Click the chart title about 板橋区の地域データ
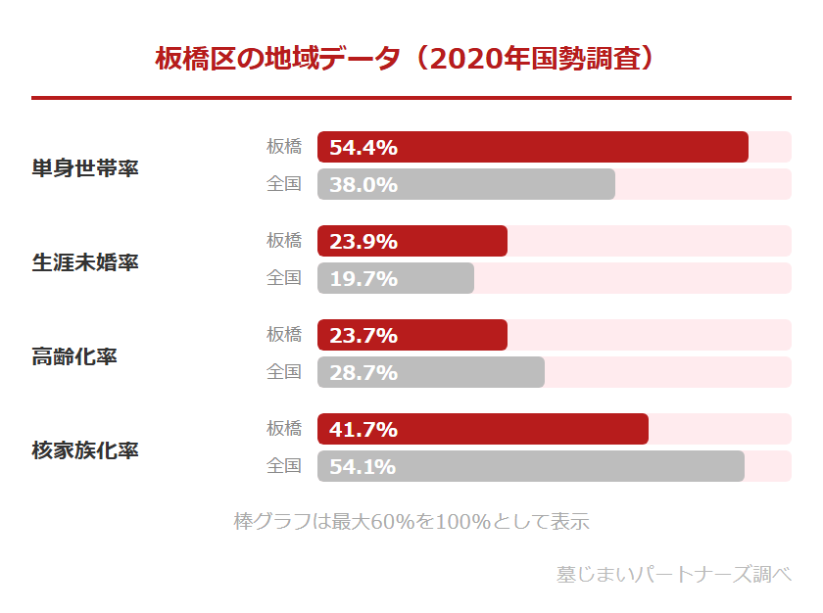406,58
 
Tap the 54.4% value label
363,148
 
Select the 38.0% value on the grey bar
363,185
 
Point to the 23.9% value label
363,242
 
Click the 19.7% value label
363,279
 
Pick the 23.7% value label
363,336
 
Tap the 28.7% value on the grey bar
363,373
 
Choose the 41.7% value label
363,430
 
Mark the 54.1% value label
363,467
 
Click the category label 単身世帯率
85,167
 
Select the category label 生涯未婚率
85,261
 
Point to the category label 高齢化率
74,355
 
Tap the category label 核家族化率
85,449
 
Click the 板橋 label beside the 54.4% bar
284,147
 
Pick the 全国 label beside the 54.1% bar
284,466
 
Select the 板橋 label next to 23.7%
284,335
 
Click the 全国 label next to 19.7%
284,278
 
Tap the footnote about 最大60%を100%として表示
411,521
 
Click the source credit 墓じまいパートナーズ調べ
674,574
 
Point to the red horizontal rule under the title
411,98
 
